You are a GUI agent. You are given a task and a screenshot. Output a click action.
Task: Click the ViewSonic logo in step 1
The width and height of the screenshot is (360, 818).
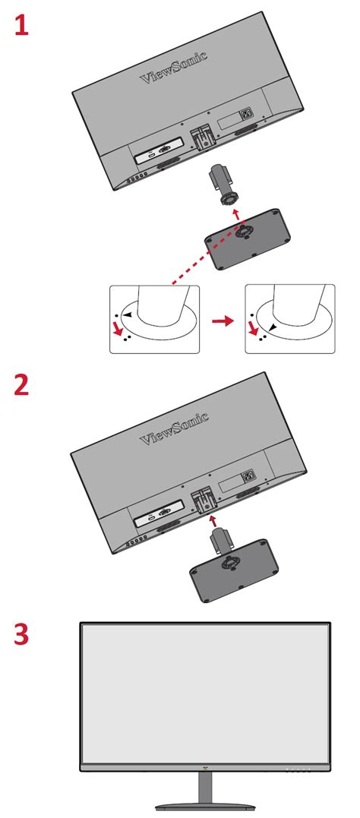click(174, 68)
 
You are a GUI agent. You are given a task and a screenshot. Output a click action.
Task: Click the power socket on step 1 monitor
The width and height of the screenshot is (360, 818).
click(246, 118)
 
